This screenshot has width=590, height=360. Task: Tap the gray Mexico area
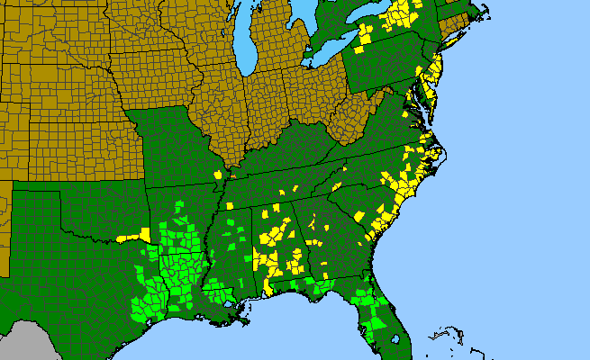tap(27, 346)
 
